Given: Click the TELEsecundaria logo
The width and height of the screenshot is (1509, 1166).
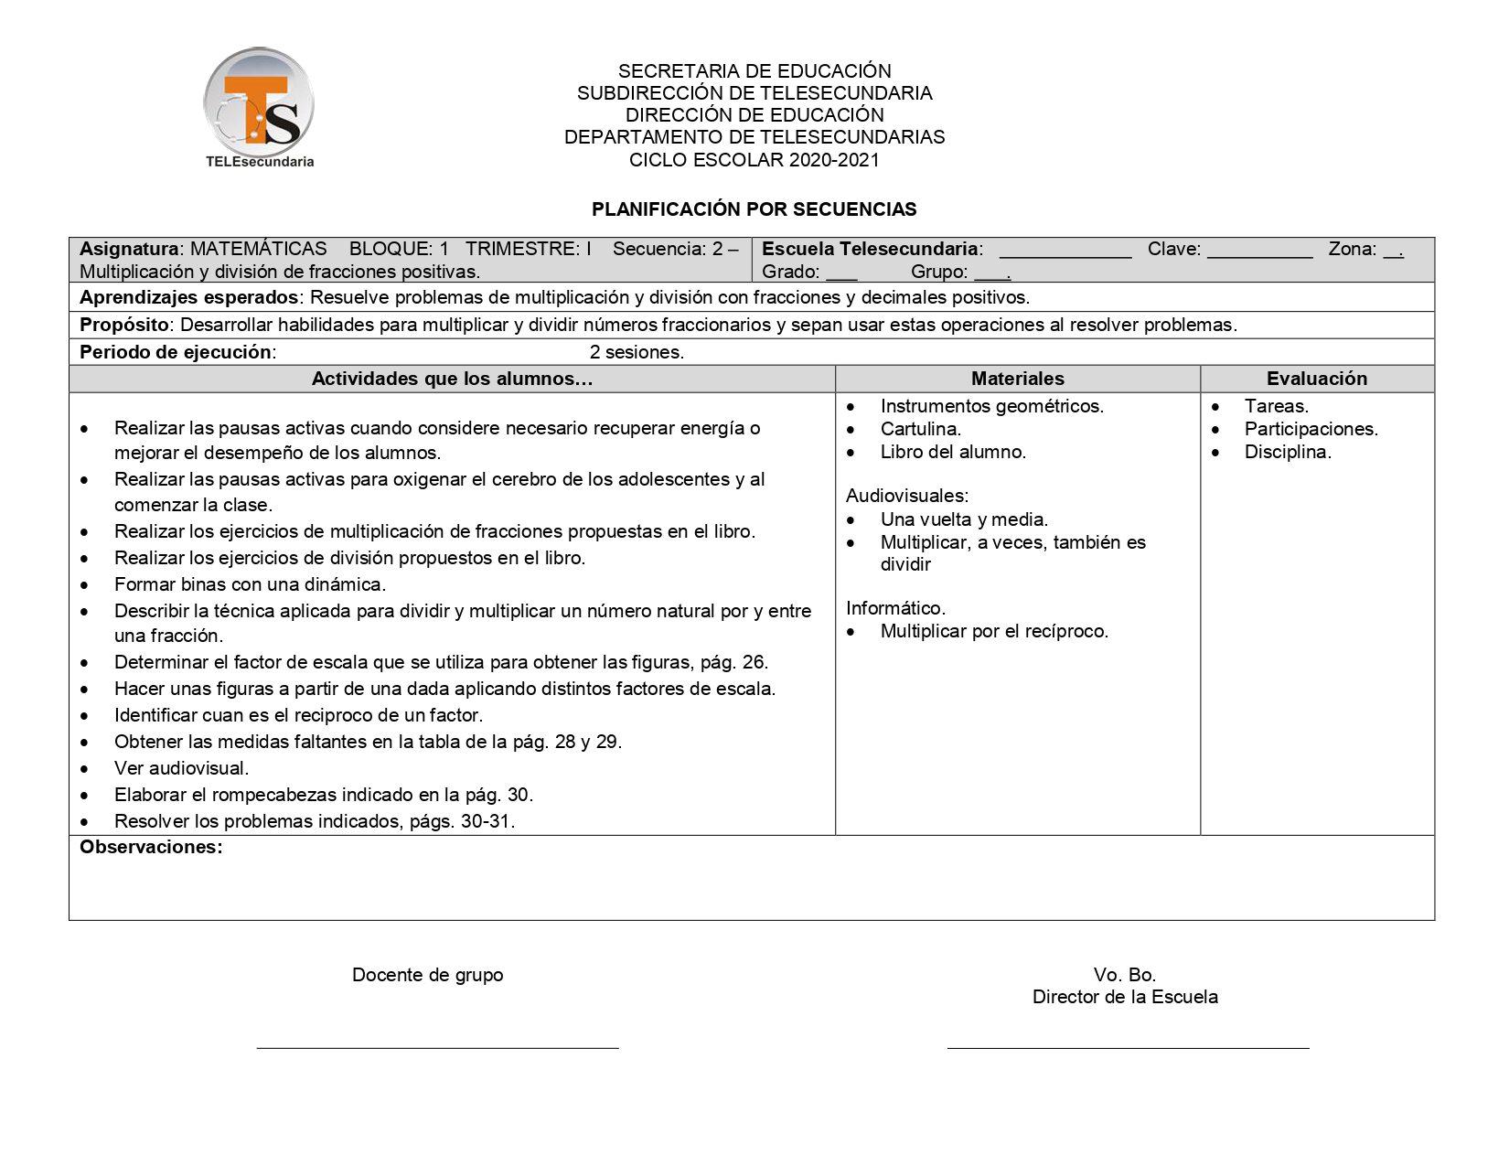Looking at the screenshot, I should [259, 108].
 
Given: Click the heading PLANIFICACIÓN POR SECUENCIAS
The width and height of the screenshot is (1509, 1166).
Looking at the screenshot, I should [754, 209].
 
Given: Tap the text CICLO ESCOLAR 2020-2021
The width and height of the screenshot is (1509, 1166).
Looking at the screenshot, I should [754, 160].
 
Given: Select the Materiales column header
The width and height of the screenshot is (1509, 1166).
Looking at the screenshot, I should [1017, 379].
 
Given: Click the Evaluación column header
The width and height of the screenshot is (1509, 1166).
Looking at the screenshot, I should [1316, 379].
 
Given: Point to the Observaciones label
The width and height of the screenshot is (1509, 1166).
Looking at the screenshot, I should [151, 847].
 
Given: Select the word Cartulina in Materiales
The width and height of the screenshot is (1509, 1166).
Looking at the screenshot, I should [920, 429].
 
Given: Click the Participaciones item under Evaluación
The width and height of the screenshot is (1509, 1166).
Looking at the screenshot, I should [1311, 429].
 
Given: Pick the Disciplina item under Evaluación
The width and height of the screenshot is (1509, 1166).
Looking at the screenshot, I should [1288, 452].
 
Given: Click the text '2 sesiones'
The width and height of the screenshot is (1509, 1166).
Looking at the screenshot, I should [637, 352].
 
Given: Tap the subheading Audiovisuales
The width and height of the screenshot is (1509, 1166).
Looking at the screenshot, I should [906, 496].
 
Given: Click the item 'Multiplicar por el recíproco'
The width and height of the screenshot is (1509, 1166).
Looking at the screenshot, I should [994, 631].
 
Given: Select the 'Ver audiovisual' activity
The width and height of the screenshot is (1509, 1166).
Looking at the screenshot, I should [181, 768].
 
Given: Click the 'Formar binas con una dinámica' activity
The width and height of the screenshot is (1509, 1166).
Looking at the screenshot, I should [250, 584].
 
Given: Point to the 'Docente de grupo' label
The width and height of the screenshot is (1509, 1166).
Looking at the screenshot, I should [427, 975].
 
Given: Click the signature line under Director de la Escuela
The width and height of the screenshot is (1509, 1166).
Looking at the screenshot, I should [1128, 1047].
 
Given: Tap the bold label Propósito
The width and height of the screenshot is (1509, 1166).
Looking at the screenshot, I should [123, 325].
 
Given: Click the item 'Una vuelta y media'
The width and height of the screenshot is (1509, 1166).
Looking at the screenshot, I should [964, 519].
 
